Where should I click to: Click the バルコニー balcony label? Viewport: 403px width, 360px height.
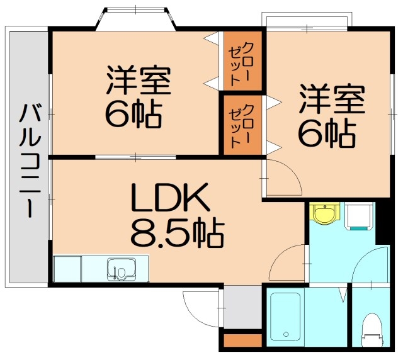(x=27, y=160)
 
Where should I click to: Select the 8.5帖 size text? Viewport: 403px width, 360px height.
(x=176, y=232)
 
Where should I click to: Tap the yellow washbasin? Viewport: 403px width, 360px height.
(x=325, y=213)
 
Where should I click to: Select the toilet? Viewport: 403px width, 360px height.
(x=371, y=328)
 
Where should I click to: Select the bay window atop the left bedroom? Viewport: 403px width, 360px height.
(x=135, y=20)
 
